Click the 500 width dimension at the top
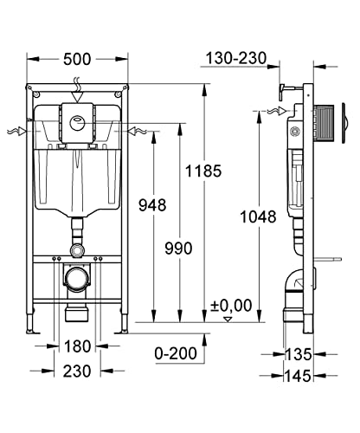(x=77, y=60)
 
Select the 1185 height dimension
(x=203, y=171)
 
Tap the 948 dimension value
(x=152, y=205)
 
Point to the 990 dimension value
(x=178, y=249)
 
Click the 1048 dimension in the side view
(x=258, y=216)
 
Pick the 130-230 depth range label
(x=236, y=58)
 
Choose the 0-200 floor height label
(x=176, y=353)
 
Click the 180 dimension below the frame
(x=77, y=346)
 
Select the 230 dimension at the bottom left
(x=77, y=371)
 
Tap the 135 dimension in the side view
(x=299, y=354)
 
